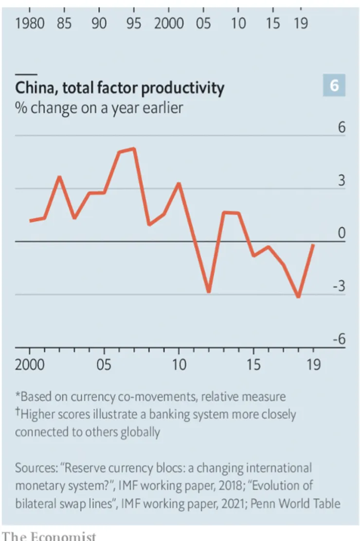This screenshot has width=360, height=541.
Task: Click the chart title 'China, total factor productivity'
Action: (x=120, y=88)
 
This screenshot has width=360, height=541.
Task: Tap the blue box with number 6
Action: (x=334, y=86)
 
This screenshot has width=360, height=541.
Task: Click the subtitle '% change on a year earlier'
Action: (x=99, y=107)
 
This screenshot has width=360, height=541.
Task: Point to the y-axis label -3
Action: (x=339, y=286)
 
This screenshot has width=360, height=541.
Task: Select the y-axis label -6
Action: (x=339, y=339)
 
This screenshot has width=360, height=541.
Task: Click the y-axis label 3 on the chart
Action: (x=342, y=181)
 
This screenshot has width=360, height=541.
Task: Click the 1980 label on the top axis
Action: (x=31, y=23)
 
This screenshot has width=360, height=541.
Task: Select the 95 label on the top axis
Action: (x=134, y=23)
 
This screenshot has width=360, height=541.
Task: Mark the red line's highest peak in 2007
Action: (x=134, y=148)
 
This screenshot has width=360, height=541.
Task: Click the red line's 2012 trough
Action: (x=209, y=291)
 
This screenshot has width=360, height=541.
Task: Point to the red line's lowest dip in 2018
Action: (x=298, y=297)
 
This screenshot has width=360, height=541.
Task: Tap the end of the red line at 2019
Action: (x=313, y=245)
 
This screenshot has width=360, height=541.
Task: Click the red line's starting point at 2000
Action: (x=30, y=221)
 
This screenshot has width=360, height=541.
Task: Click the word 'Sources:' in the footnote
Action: (x=36, y=469)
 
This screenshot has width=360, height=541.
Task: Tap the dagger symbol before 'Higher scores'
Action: (x=18, y=413)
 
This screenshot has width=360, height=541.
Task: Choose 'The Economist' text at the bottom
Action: (x=49, y=536)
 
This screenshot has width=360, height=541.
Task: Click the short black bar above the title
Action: (x=23, y=74)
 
